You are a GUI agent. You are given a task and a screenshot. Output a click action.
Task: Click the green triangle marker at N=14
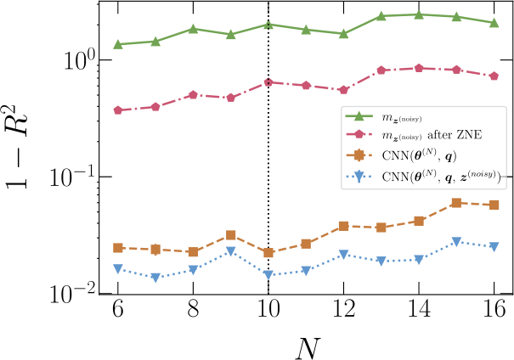(419, 14)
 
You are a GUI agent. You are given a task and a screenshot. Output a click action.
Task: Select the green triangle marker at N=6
(118, 44)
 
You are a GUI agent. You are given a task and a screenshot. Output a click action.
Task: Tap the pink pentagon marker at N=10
(268, 82)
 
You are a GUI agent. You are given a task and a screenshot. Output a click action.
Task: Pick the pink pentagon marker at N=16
(494, 76)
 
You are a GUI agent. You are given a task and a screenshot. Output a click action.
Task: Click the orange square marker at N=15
(456, 203)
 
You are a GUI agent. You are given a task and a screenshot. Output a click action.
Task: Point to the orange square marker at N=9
(231, 234)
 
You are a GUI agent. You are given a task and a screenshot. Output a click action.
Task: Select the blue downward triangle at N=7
(155, 277)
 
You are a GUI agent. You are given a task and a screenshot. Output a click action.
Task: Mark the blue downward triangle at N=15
(456, 242)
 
